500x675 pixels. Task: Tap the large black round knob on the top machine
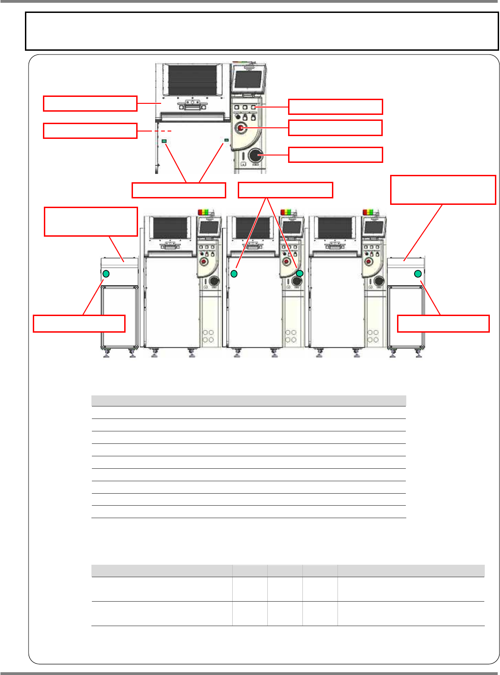tap(255, 155)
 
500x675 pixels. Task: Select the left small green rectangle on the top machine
tap(164, 141)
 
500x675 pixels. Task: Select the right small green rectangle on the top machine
tap(226, 139)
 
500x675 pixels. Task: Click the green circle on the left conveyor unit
tap(106, 274)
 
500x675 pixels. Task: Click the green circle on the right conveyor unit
tap(418, 274)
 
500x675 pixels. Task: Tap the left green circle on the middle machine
tap(234, 274)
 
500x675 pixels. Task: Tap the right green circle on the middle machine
tap(299, 274)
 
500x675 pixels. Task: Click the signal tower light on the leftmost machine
tap(203, 212)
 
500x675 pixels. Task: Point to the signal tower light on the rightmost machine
tap(368, 212)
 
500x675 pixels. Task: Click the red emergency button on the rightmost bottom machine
tap(368, 262)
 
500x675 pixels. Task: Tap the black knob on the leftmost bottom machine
tap(214, 281)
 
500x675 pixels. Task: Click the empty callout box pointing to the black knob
tap(335, 155)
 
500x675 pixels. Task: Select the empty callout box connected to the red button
tap(335, 128)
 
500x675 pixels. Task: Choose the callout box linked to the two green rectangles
tap(179, 190)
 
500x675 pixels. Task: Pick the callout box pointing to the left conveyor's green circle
tap(79, 323)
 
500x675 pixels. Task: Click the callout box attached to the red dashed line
tap(90, 131)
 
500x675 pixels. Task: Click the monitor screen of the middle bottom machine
tap(292, 227)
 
